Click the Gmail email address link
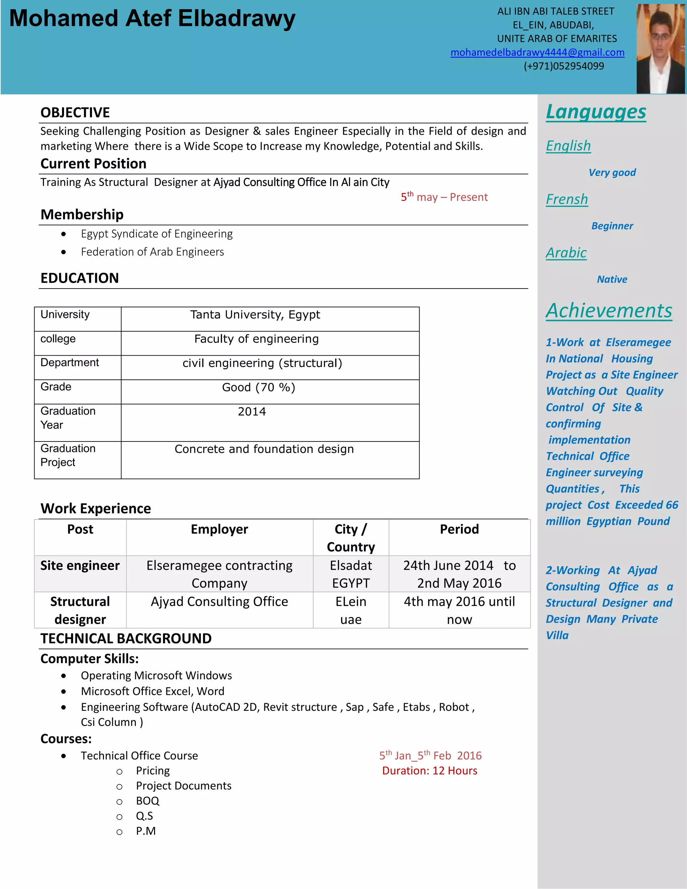pyautogui.click(x=537, y=53)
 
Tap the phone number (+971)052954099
pyautogui.click(x=564, y=66)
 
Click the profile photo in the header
pyautogui.click(x=660, y=49)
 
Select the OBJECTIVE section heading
pyautogui.click(x=75, y=113)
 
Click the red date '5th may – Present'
pyautogui.click(x=444, y=197)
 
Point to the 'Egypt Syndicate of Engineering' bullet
pyautogui.click(x=157, y=233)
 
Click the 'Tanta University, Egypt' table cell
pyautogui.click(x=255, y=315)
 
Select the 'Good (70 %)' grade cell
pyautogui.click(x=258, y=387)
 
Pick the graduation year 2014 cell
pyautogui.click(x=252, y=412)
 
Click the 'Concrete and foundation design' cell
pyautogui.click(x=264, y=449)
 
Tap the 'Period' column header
pyautogui.click(x=459, y=529)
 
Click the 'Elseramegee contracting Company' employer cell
pyautogui.click(x=219, y=574)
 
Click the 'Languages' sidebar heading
pyautogui.click(x=596, y=112)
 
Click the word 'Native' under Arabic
pyautogui.click(x=612, y=279)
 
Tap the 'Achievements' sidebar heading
pyautogui.click(x=609, y=311)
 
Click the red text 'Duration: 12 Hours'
pyautogui.click(x=429, y=771)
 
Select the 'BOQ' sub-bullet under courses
pyautogui.click(x=147, y=801)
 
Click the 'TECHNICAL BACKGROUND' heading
pyautogui.click(x=126, y=638)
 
